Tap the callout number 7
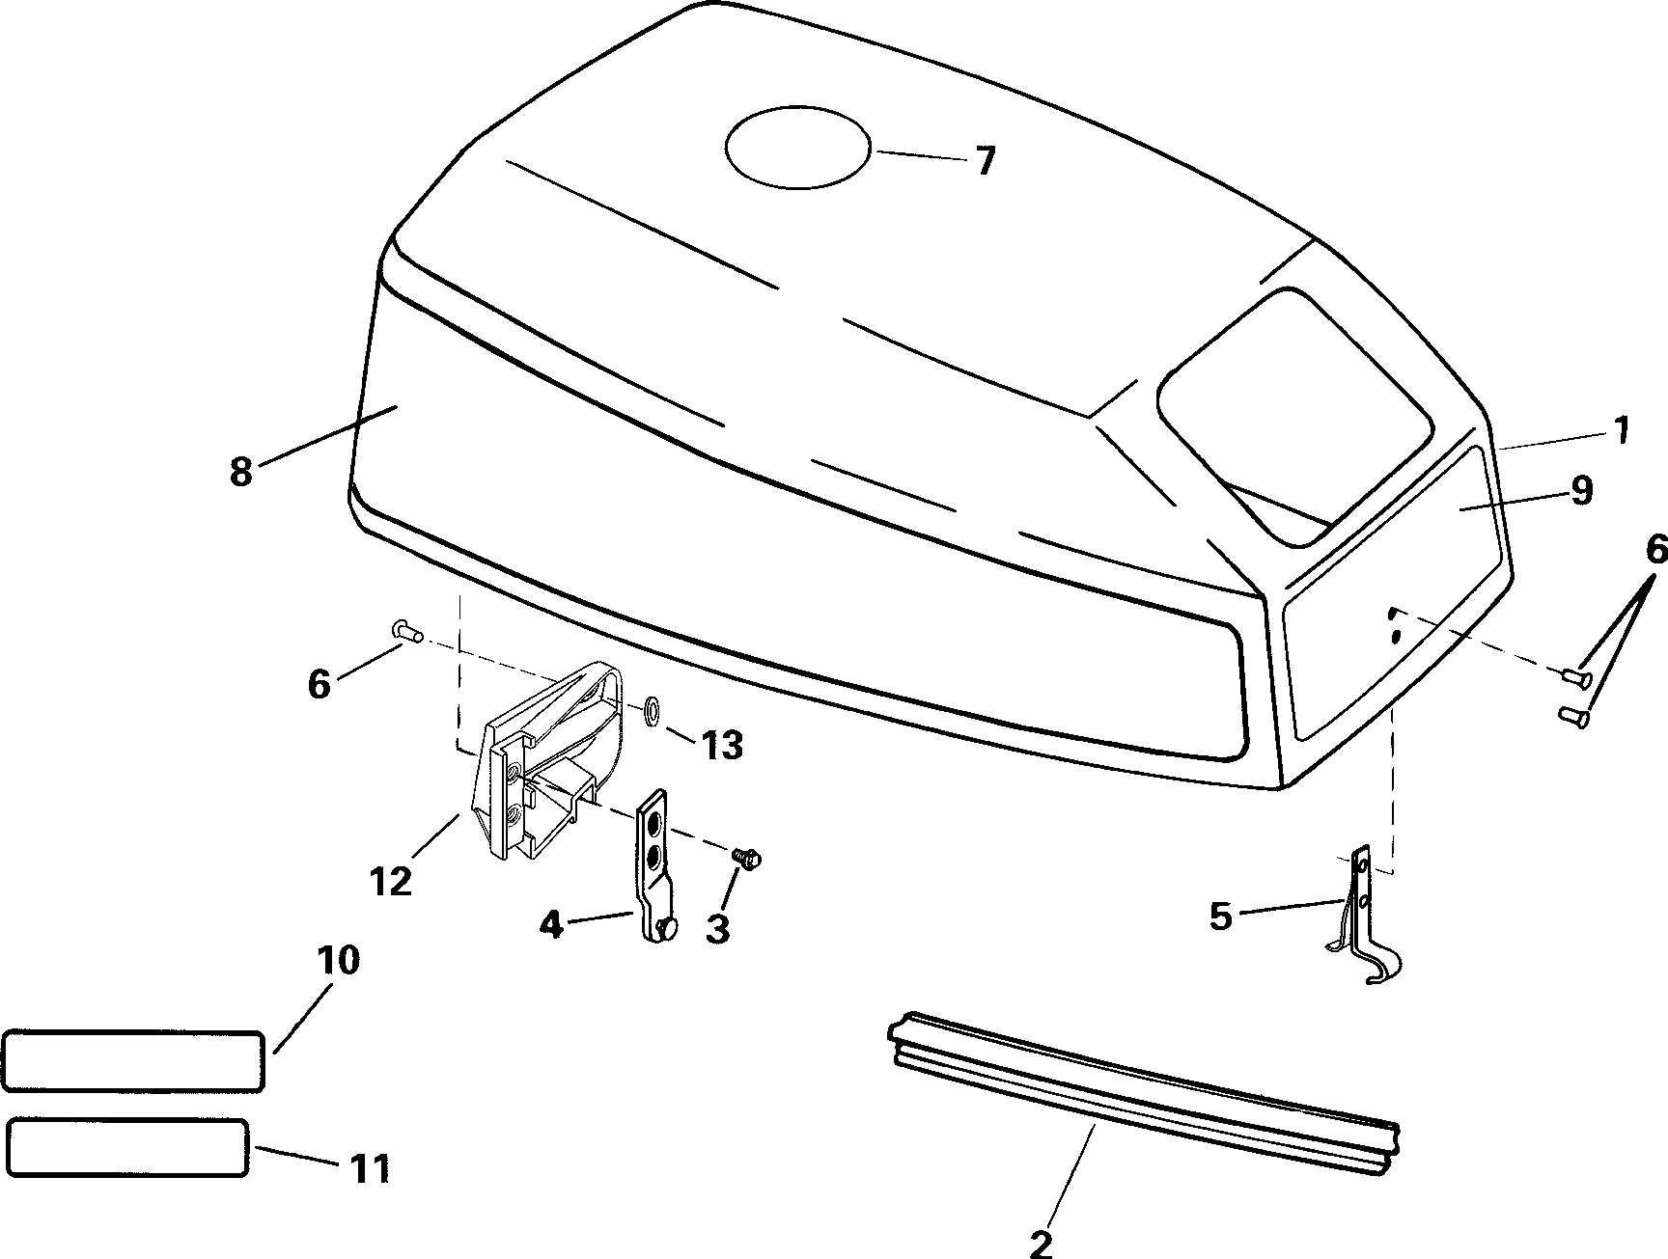(x=983, y=161)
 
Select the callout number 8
(x=241, y=472)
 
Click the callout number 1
(x=1621, y=429)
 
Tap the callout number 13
(x=723, y=745)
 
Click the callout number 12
(x=390, y=880)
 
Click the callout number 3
(x=717, y=927)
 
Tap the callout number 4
(x=550, y=924)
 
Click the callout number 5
(x=1221, y=917)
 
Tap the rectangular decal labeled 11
(x=127, y=1148)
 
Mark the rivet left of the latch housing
(x=406, y=632)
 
